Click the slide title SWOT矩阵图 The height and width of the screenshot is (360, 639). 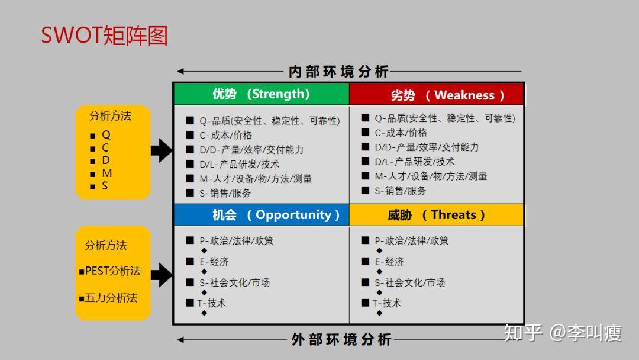click(104, 36)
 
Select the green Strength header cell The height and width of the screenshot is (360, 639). click(261, 94)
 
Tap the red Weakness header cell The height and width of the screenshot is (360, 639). click(437, 95)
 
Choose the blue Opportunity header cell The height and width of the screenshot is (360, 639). click(261, 215)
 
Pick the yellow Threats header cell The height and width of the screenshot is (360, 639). click(437, 215)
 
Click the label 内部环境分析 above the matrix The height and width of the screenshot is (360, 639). click(338, 72)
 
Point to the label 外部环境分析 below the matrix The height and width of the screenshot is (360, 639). click(341, 340)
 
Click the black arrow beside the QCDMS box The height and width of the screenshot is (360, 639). click(161, 150)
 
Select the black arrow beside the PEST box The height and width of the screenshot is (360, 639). click(161, 274)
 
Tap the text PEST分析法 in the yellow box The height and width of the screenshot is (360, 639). click(112, 271)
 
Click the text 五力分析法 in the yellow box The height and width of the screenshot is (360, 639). click(111, 298)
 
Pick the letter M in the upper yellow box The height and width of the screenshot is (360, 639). click(106, 173)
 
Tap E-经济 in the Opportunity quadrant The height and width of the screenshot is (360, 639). click(214, 262)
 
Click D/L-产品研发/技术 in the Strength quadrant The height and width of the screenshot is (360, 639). click(239, 164)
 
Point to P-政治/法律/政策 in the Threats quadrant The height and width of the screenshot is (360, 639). click(411, 240)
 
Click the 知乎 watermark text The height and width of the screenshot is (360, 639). click(522, 333)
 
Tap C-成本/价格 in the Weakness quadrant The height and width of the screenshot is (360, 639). click(401, 133)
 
